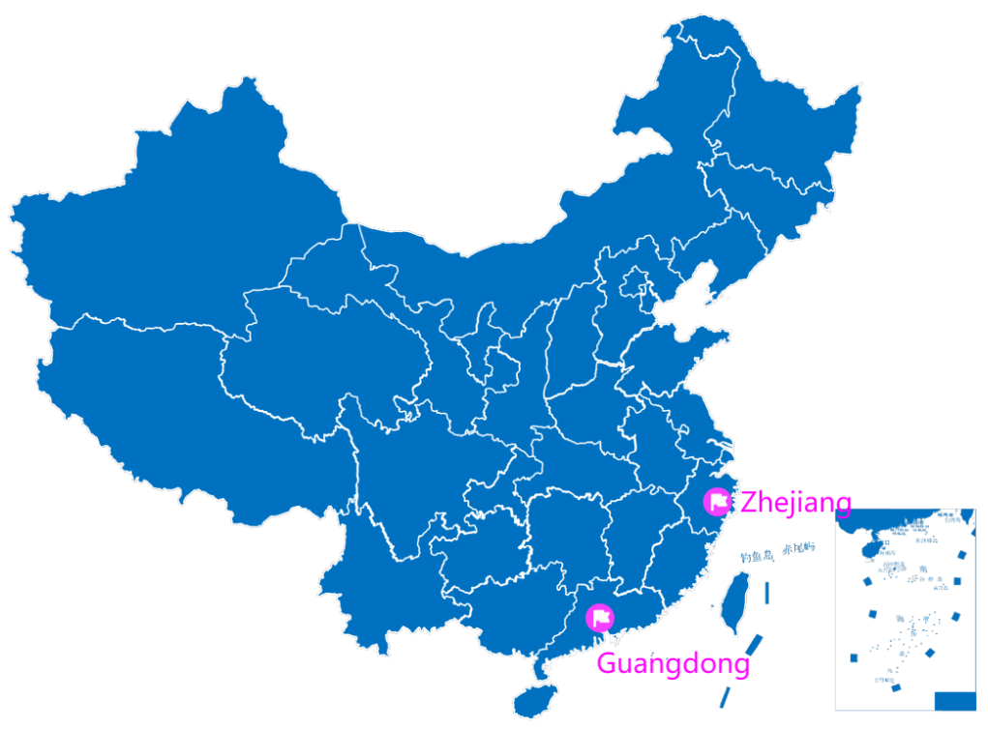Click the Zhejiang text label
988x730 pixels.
(795, 503)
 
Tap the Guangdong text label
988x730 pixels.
(673, 664)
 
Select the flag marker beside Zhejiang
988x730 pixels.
(717, 502)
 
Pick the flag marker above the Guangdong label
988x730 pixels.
(601, 617)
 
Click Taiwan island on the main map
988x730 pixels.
(737, 601)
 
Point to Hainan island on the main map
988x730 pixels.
(533, 699)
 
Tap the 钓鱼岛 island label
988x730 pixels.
(756, 556)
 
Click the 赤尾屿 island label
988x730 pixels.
(798, 547)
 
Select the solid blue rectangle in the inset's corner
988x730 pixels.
(954, 700)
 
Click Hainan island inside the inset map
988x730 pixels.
(873, 548)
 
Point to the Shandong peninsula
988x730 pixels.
(692, 348)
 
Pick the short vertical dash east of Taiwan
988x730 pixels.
(767, 593)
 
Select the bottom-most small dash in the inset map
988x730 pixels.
(895, 688)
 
